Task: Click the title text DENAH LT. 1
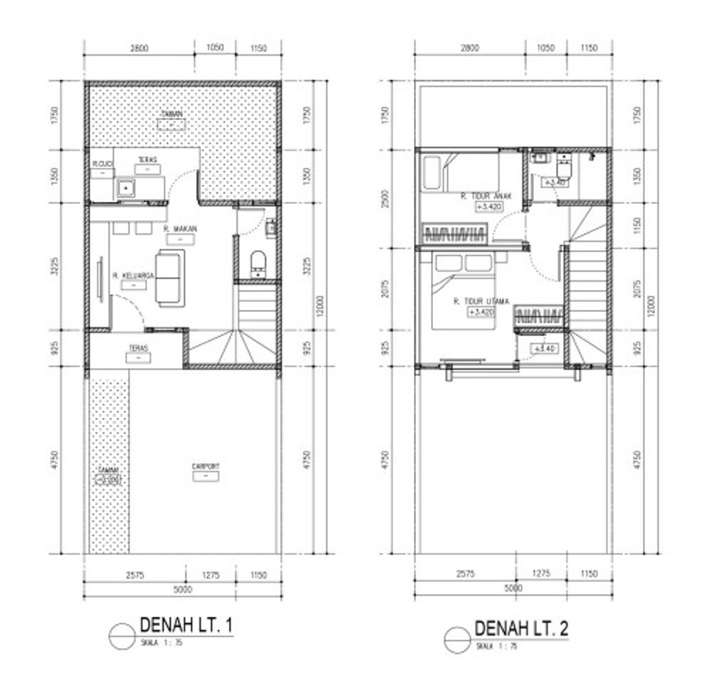186,625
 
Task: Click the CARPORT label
206,467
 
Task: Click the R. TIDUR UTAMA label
481,301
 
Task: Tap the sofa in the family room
169,278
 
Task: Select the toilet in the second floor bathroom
564,166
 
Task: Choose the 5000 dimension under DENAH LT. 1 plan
182,589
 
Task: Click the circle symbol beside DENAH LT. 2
456,639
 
